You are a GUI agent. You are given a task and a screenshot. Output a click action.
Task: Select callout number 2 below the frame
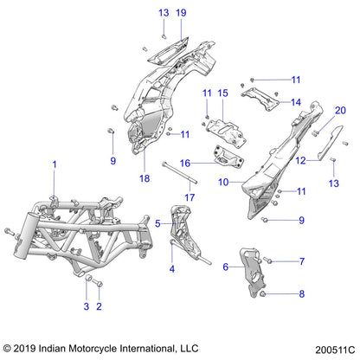(99, 307)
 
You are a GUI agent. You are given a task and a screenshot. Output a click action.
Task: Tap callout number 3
(86, 307)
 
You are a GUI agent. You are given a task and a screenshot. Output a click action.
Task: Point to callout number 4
(170, 269)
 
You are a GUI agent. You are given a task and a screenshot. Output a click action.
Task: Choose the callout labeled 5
(157, 222)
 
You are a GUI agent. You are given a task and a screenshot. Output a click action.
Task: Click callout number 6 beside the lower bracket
(227, 267)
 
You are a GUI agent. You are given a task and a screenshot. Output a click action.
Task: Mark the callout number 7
(302, 260)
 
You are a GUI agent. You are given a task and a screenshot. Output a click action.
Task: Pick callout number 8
(302, 294)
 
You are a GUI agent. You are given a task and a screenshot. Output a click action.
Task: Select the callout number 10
(223, 182)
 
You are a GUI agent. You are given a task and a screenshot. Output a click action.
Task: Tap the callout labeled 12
(299, 160)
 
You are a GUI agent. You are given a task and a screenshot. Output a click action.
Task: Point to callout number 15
(222, 93)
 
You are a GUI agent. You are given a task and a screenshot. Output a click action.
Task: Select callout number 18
(145, 178)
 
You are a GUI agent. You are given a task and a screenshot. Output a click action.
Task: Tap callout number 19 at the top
(181, 13)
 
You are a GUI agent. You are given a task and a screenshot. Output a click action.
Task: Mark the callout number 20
(316, 110)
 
